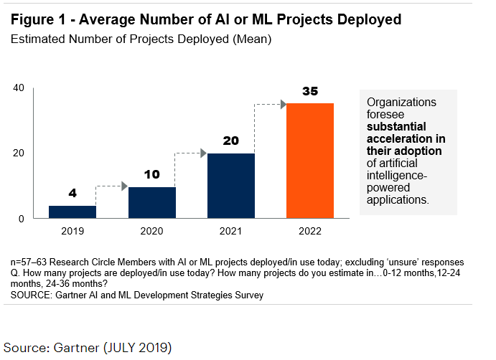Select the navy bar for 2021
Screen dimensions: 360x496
(230, 186)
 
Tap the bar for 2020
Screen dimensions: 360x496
(151, 202)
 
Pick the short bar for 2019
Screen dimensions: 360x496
(72, 212)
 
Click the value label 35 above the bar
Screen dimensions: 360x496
(310, 92)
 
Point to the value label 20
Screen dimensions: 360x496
(230, 141)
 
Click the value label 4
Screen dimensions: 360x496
(72, 194)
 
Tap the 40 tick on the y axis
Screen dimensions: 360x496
(19, 88)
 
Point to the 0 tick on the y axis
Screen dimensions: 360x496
(22, 218)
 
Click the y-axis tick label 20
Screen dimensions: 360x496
(19, 153)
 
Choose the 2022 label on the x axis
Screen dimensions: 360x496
(310, 232)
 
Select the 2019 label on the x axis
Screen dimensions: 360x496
(72, 232)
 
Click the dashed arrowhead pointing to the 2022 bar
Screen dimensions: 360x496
(282, 105)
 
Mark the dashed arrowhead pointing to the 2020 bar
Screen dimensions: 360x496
(124, 186)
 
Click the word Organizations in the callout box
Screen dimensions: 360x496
(401, 103)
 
